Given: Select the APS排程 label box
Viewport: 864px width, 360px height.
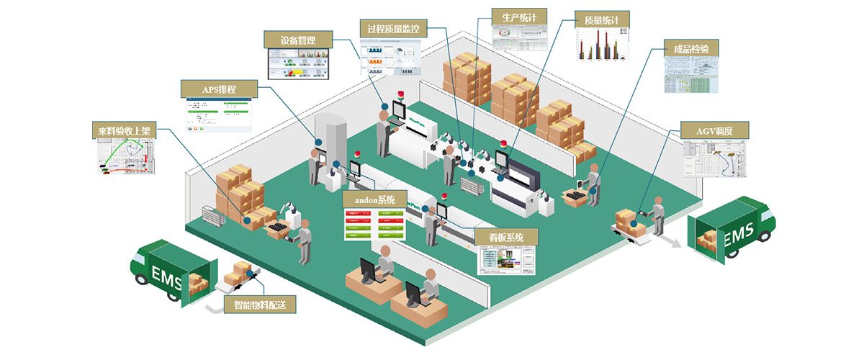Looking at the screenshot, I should pyautogui.click(x=219, y=89).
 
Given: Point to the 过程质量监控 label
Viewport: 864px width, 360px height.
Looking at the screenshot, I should pyautogui.click(x=393, y=29).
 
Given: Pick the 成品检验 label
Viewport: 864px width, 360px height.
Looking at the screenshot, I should pyautogui.click(x=690, y=50).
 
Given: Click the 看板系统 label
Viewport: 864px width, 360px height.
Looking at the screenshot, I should pyautogui.click(x=507, y=237).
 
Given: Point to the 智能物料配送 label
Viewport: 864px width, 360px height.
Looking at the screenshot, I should pyautogui.click(x=260, y=304).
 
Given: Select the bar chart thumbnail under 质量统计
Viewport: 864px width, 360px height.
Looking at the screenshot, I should pyautogui.click(x=603, y=45).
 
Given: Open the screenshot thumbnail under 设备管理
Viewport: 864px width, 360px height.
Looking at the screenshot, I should pyautogui.click(x=299, y=64).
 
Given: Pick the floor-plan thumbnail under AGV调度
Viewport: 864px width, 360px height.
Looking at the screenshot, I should pyautogui.click(x=714, y=158).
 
